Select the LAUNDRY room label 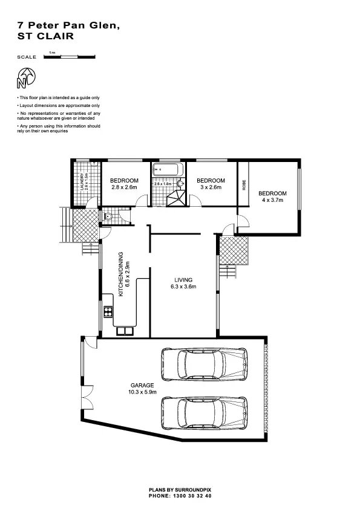point(82,182)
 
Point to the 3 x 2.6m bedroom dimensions point(211,187)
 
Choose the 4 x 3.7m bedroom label point(273,199)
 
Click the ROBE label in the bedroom point(244,186)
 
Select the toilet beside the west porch point(108,216)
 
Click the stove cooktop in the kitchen point(108,312)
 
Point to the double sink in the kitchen point(125,330)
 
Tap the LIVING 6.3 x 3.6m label point(183,284)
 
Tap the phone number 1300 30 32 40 point(180,495)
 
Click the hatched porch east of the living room point(234,250)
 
